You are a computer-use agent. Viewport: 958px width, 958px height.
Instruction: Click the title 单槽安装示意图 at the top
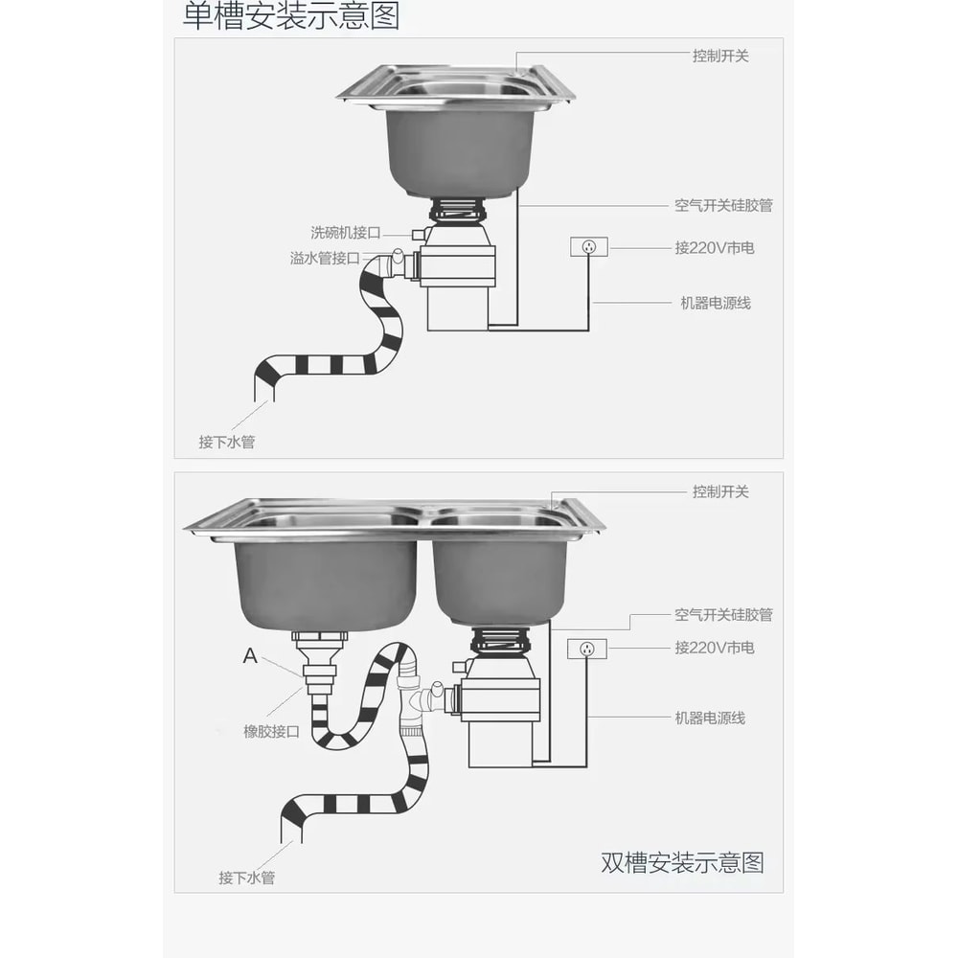pyautogui.click(x=291, y=16)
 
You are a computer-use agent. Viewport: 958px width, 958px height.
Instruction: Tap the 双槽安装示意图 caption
pyautogui.click(x=682, y=862)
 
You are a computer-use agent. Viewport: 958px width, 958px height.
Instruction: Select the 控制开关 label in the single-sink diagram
pyautogui.click(x=720, y=57)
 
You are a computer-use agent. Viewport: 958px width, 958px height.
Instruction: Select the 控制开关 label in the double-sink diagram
pyautogui.click(x=720, y=491)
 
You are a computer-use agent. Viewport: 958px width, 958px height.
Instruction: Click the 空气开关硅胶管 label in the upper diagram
pyautogui.click(x=723, y=205)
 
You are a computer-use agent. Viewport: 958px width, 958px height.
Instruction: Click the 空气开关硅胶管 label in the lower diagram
pyautogui.click(x=723, y=615)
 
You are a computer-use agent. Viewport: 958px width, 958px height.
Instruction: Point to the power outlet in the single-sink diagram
pyautogui.click(x=588, y=248)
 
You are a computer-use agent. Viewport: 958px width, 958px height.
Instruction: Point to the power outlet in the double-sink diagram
pyautogui.click(x=587, y=649)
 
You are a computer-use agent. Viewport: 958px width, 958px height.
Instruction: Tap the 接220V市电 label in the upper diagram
pyautogui.click(x=714, y=248)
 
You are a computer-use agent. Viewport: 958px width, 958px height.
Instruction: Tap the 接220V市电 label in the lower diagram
pyautogui.click(x=714, y=648)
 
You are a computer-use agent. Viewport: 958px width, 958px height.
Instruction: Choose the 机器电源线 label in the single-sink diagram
pyautogui.click(x=716, y=303)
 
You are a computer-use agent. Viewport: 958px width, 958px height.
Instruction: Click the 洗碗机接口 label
pyautogui.click(x=346, y=233)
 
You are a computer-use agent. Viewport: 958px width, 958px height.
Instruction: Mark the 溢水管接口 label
pyautogui.click(x=325, y=259)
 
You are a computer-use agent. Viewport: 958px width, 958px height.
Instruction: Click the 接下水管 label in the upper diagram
pyautogui.click(x=227, y=442)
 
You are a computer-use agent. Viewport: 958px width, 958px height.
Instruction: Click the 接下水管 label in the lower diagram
pyautogui.click(x=246, y=877)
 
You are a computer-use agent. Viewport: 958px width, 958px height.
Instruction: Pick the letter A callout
pyautogui.click(x=250, y=656)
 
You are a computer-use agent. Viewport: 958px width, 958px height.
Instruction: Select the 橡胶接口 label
pyautogui.click(x=271, y=731)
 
